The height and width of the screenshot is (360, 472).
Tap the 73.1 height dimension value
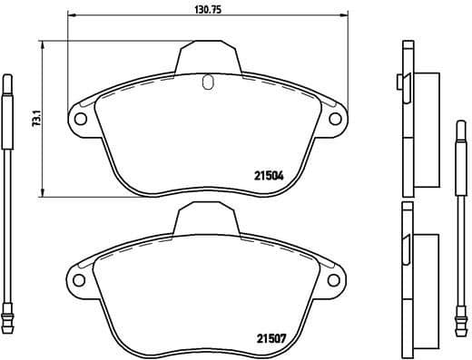(x=35, y=118)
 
